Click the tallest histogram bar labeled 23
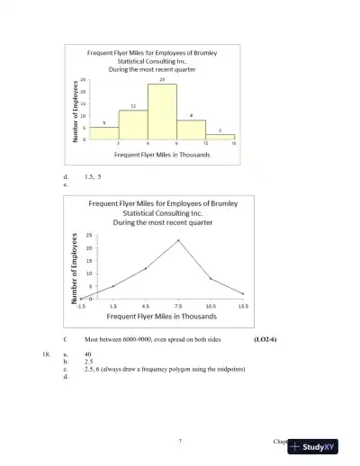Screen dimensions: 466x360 pos(162,112)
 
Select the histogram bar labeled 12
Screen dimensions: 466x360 pos(133,125)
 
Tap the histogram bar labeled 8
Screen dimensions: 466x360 pos(191,130)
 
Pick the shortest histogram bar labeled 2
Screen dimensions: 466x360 pos(220,137)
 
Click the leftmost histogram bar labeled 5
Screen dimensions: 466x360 pos(104,133)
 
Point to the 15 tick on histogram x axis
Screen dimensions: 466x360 pos(234,144)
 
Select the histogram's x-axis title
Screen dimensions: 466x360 pos(163,155)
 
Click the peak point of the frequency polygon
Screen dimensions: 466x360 pos(178,240)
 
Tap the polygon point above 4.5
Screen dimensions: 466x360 pos(146,268)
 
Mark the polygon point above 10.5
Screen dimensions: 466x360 pos(211,279)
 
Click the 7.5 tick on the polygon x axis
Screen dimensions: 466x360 pos(178,306)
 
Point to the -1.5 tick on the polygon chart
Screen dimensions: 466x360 pos(81,306)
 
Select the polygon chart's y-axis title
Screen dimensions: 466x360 pos(70,267)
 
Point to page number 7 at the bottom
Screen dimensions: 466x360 pos(180,441)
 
